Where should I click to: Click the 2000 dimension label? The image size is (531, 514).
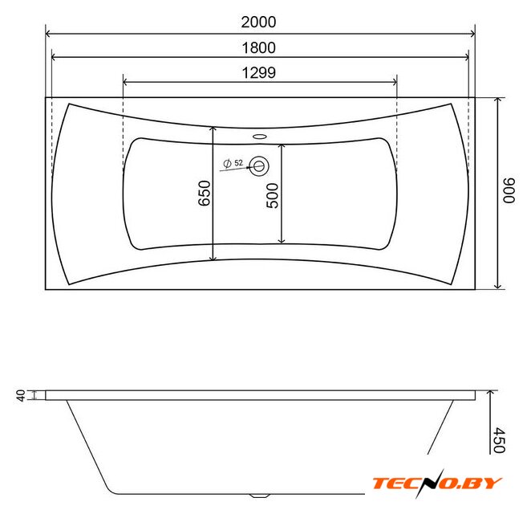258,22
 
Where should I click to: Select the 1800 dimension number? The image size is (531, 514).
258,48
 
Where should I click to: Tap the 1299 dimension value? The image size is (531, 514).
259,73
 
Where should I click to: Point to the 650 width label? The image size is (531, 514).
205,193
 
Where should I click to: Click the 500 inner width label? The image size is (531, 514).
272,196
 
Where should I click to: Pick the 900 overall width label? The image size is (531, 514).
509,190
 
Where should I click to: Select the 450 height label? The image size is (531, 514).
500,440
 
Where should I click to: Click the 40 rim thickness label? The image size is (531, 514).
21,395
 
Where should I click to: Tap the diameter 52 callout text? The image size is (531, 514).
233,163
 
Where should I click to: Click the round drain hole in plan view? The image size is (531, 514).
259,166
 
